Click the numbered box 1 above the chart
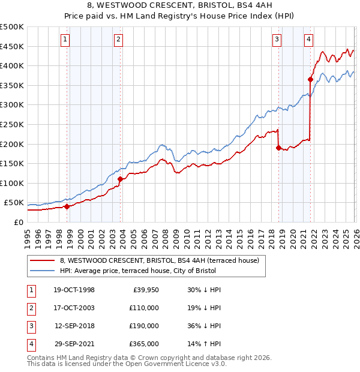point(65,40)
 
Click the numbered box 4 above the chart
point(308,40)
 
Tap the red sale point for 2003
point(120,179)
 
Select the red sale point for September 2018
point(278,148)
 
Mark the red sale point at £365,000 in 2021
point(311,79)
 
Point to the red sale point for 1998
point(67,206)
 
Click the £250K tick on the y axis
point(12,124)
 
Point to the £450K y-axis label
point(12,46)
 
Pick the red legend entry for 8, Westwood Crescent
point(159,260)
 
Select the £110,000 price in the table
point(144,308)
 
